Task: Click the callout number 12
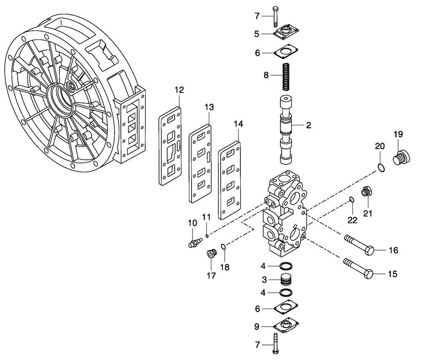179,90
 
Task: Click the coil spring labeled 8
285,76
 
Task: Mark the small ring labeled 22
351,199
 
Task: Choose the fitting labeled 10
194,243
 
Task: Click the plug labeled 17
210,254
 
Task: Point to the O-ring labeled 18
224,247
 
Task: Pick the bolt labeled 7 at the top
275,16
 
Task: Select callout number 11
206,217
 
